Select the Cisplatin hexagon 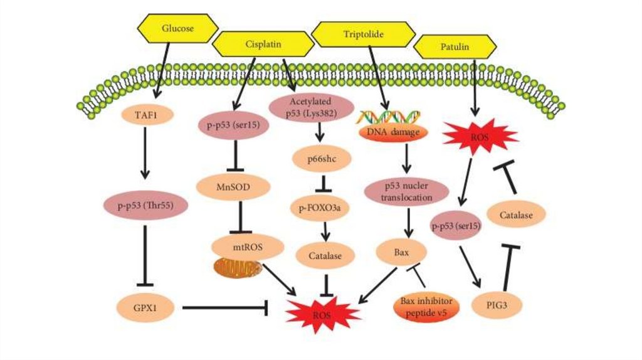pyautogui.click(x=263, y=45)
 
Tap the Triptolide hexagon pyautogui.click(x=364, y=33)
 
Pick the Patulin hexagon pyautogui.click(x=456, y=46)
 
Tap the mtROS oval pyautogui.click(x=246, y=246)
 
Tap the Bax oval pyautogui.click(x=402, y=252)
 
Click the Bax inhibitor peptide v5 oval pyautogui.click(x=426, y=305)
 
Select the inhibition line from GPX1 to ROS pyautogui.click(x=225, y=307)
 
